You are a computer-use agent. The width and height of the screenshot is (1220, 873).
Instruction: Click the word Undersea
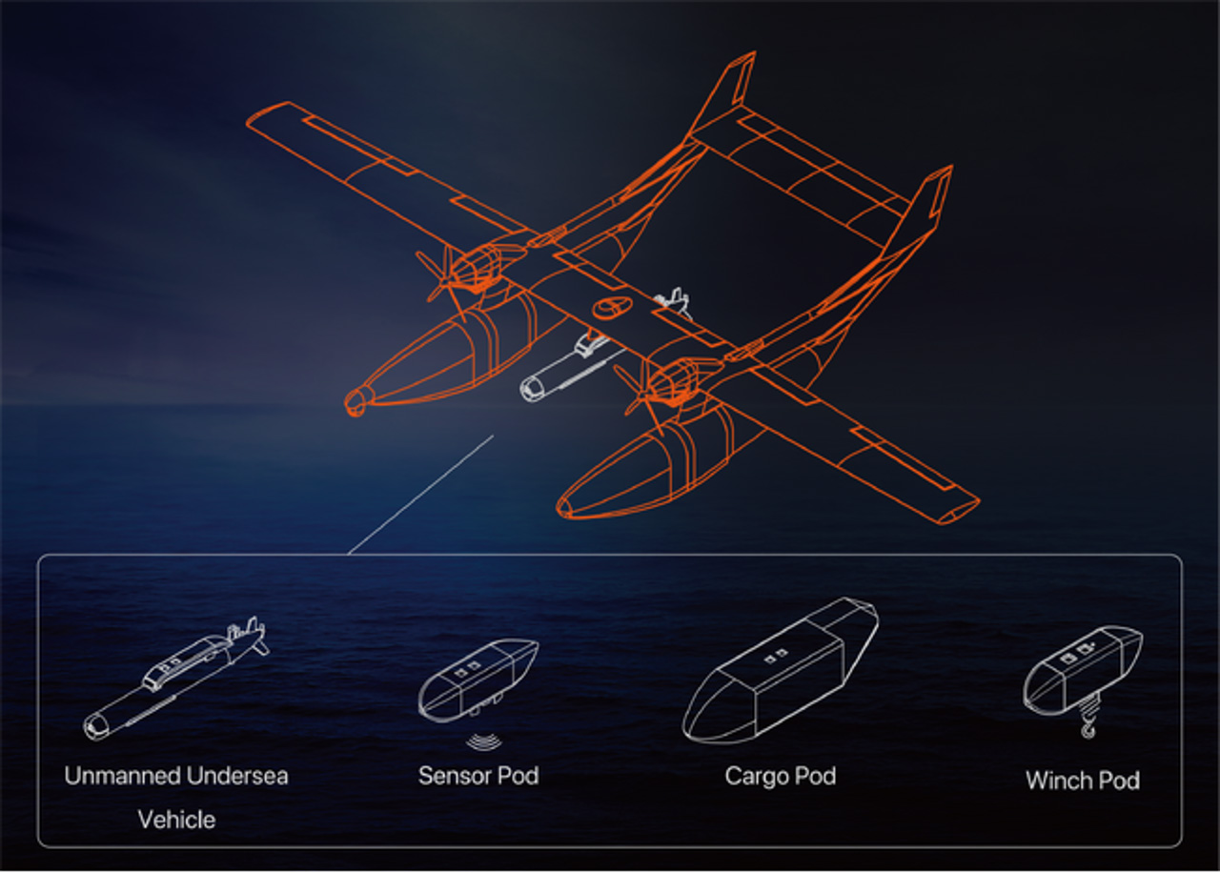[x=236, y=775]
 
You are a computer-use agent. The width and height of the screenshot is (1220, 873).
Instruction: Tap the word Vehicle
[x=176, y=820]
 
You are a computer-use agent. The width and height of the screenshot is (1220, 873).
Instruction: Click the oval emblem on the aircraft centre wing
[x=610, y=308]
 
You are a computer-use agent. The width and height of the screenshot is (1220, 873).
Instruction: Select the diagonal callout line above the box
[x=420, y=495]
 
